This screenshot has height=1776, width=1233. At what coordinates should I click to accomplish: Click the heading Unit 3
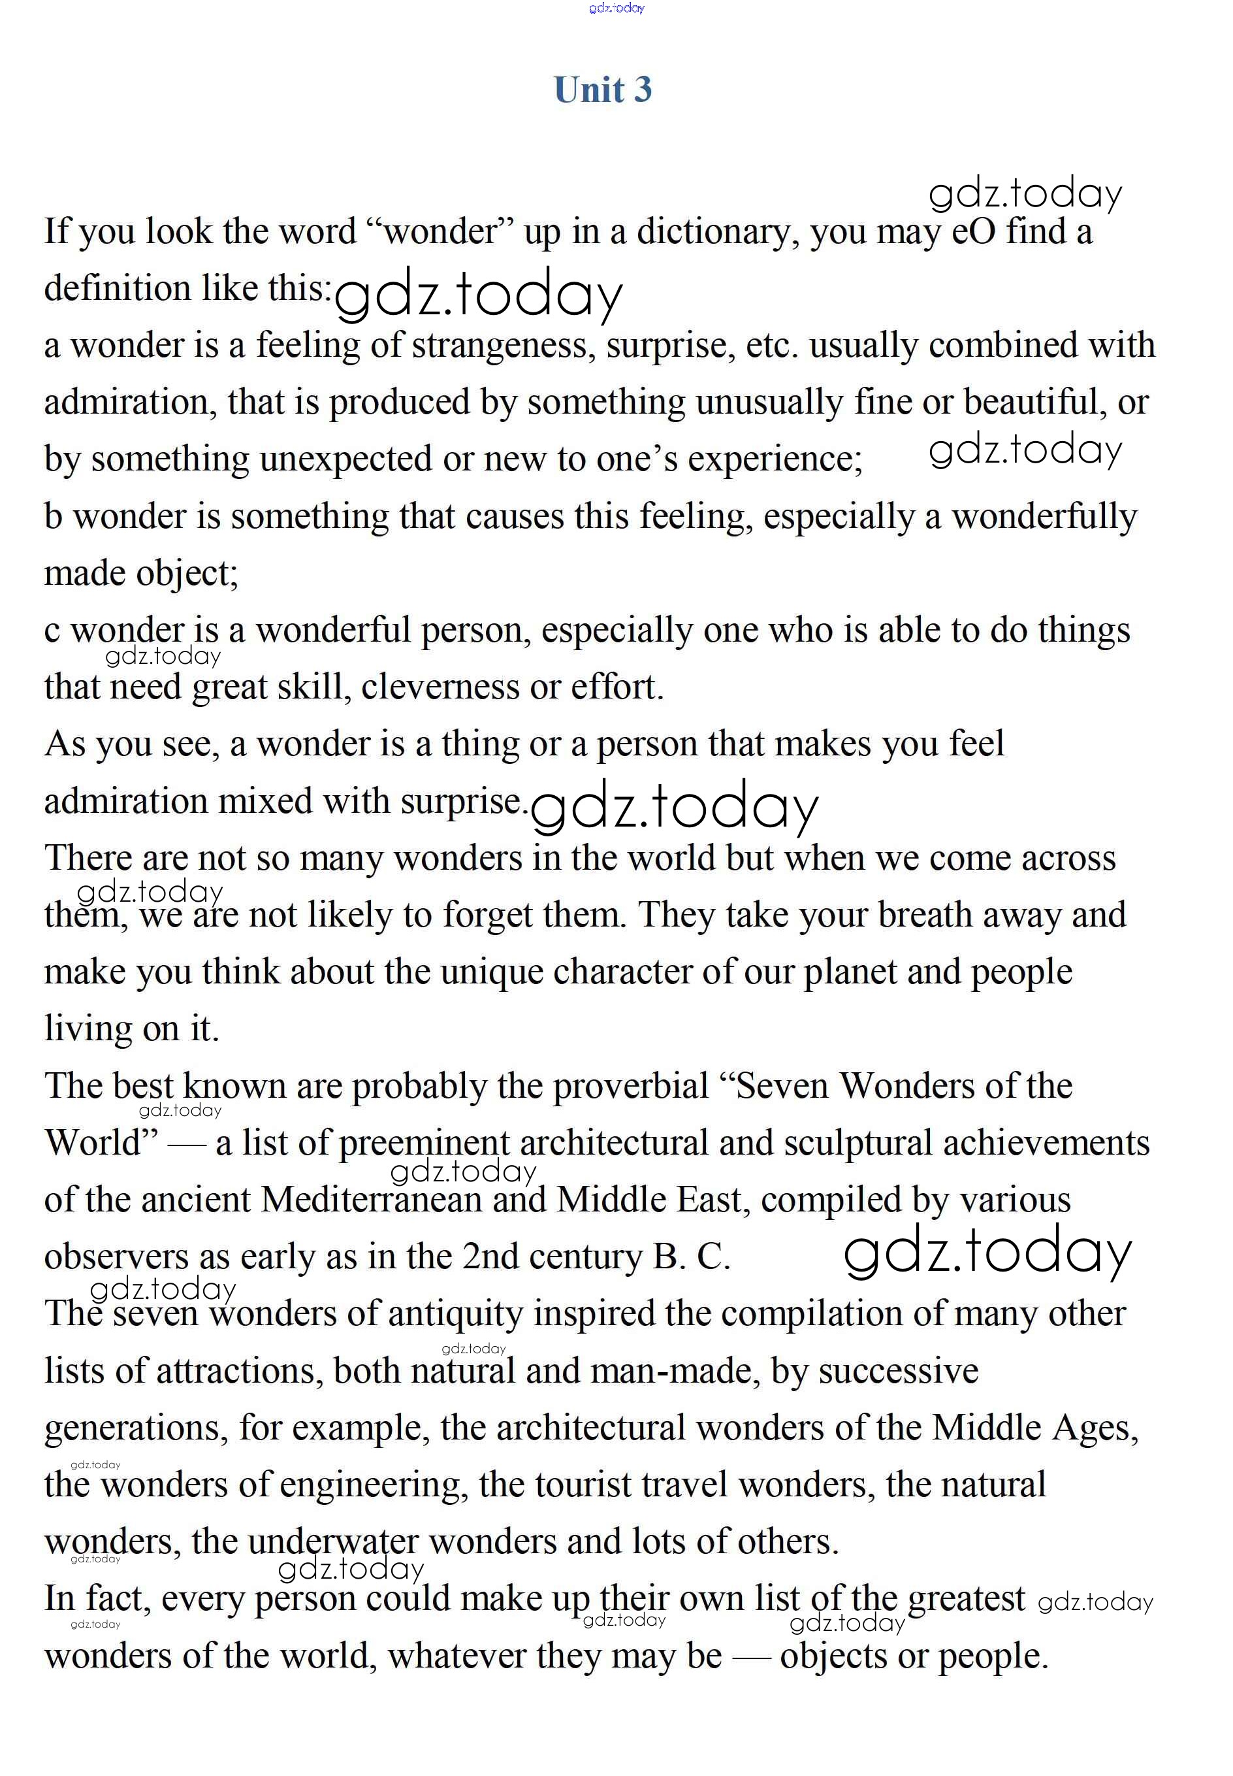[x=603, y=90]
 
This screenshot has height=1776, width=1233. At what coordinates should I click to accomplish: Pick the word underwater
[x=333, y=1543]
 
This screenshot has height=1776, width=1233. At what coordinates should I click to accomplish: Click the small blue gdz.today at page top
[x=616, y=8]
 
